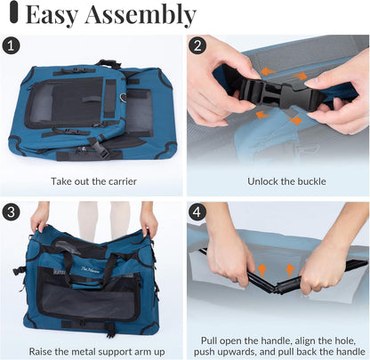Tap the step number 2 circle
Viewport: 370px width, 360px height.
click(x=197, y=45)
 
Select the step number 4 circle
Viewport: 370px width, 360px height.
click(x=197, y=212)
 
